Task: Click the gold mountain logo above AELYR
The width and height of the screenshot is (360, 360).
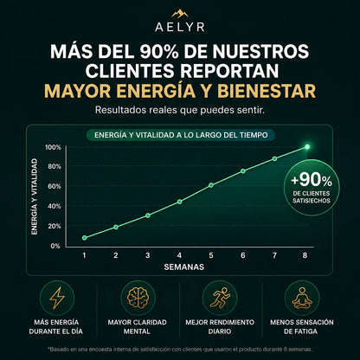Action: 180,14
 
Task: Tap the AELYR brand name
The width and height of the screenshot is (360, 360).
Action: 180,27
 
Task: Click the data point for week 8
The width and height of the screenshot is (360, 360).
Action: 307,147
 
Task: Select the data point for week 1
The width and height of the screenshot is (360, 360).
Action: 84,238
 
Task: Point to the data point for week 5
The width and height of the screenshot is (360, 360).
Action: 211,185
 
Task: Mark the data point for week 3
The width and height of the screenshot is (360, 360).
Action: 148,215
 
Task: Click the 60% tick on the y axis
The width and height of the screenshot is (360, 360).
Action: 55,186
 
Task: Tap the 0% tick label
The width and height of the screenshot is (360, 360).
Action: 55,246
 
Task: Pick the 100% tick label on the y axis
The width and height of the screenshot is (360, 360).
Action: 53,147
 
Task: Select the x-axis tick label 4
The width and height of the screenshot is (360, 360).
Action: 179,255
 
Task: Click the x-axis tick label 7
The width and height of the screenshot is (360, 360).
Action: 274,255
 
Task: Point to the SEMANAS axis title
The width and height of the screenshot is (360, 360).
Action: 184,267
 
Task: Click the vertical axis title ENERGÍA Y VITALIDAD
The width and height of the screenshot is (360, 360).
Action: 35,196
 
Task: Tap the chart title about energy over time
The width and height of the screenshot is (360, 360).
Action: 181,135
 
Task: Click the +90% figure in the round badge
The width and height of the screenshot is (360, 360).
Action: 312,180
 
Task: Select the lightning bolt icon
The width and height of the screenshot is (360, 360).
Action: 57,298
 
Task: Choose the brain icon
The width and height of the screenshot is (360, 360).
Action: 138,299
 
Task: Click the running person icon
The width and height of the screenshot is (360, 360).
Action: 220,299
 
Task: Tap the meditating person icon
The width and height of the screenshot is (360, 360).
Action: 302,298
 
